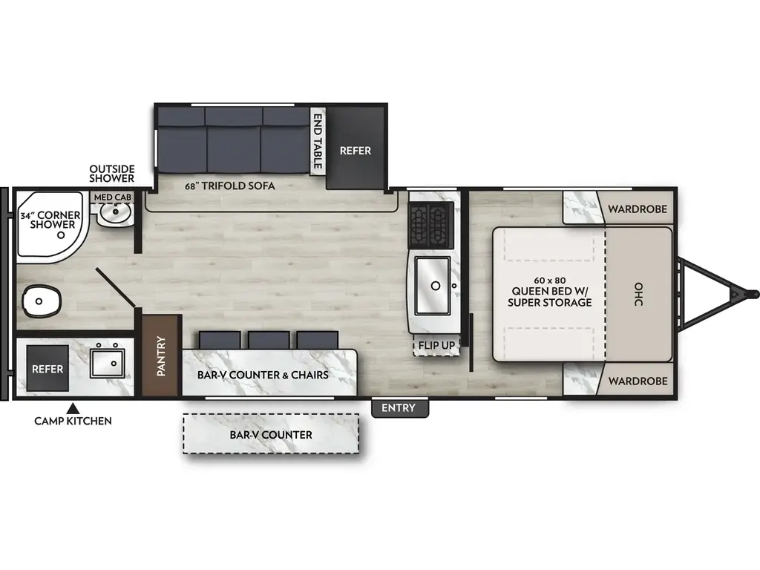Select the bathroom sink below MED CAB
point(116,214)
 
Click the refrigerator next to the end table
point(356,149)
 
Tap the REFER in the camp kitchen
point(46,369)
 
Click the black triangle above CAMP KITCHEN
point(73,407)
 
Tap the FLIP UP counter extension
point(436,344)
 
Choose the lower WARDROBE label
point(638,381)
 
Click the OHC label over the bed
point(638,295)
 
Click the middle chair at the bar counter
point(269,341)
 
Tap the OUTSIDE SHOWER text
point(112,174)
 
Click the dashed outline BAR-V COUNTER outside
point(271,434)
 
